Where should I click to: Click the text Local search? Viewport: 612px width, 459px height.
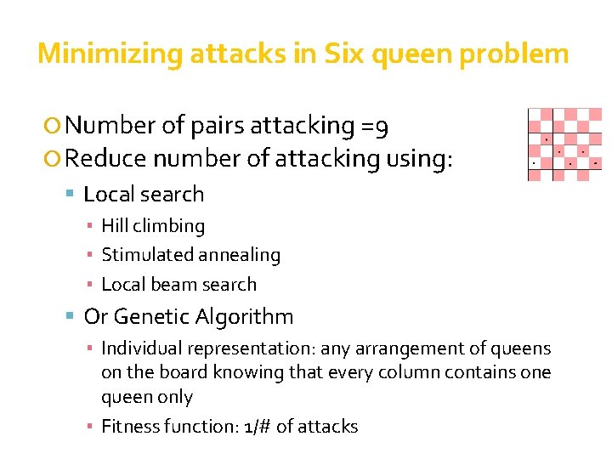coord(144,194)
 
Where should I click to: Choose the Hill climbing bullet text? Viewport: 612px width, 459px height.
coord(153,226)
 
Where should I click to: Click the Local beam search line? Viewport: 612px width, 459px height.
coord(178,284)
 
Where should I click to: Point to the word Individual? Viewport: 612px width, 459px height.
coord(141,348)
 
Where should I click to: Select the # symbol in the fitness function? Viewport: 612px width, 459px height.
coord(263,427)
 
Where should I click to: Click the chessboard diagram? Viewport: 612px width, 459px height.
coord(564,144)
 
